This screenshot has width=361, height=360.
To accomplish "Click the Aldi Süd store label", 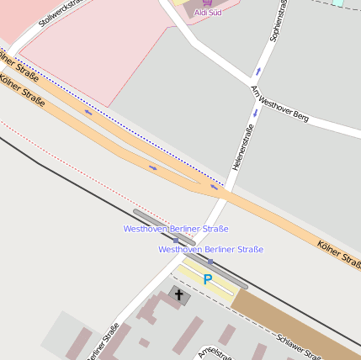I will (209, 13).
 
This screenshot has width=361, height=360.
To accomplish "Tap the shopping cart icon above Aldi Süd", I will (208, 3).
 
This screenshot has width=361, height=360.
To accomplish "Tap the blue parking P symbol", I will (207, 278).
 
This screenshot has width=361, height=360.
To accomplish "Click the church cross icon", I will (178, 294).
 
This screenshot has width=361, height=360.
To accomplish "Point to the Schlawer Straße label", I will (298, 346).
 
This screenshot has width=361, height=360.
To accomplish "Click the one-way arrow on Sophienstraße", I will (257, 71).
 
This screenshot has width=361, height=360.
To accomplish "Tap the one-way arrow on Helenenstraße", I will (255, 113).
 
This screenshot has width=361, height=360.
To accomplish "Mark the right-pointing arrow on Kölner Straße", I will (152, 167).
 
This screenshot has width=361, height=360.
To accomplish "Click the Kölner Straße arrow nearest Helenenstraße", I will (214, 188).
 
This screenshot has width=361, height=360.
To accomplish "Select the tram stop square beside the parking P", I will (210, 262).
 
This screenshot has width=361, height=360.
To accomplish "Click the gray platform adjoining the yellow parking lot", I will (221, 273).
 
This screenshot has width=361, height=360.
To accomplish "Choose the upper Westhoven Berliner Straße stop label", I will (176, 229).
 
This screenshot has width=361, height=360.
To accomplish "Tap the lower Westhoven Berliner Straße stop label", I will (210, 250).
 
